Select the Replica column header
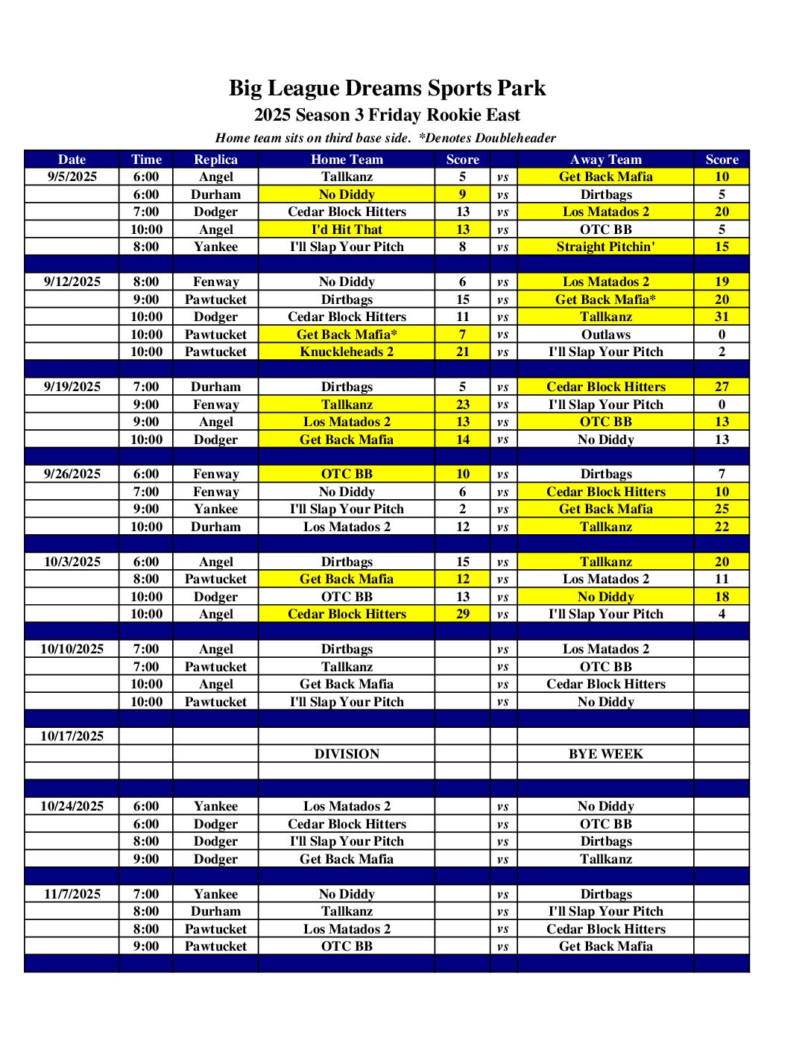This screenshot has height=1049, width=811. click(215, 159)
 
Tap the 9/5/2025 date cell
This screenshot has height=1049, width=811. click(72, 177)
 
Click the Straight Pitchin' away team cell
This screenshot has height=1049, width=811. click(605, 247)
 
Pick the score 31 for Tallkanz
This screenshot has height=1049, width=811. click(722, 317)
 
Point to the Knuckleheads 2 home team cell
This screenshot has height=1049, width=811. click(347, 352)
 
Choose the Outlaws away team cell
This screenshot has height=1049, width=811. click(605, 335)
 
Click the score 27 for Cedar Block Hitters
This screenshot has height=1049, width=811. click(722, 387)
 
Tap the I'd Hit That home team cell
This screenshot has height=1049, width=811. click(347, 229)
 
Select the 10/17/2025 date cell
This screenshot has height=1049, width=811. click(72, 736)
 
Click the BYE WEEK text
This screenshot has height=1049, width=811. click(605, 754)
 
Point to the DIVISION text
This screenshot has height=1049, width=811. click(347, 754)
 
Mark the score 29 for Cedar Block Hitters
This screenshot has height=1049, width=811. click(462, 614)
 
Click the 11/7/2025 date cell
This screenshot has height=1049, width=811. click(72, 894)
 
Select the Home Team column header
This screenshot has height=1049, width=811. click(347, 159)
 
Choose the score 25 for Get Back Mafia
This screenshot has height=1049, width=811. click(722, 509)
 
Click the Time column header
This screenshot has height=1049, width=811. click(146, 159)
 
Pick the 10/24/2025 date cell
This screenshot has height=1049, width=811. click(72, 806)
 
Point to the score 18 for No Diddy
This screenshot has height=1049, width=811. click(722, 597)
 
